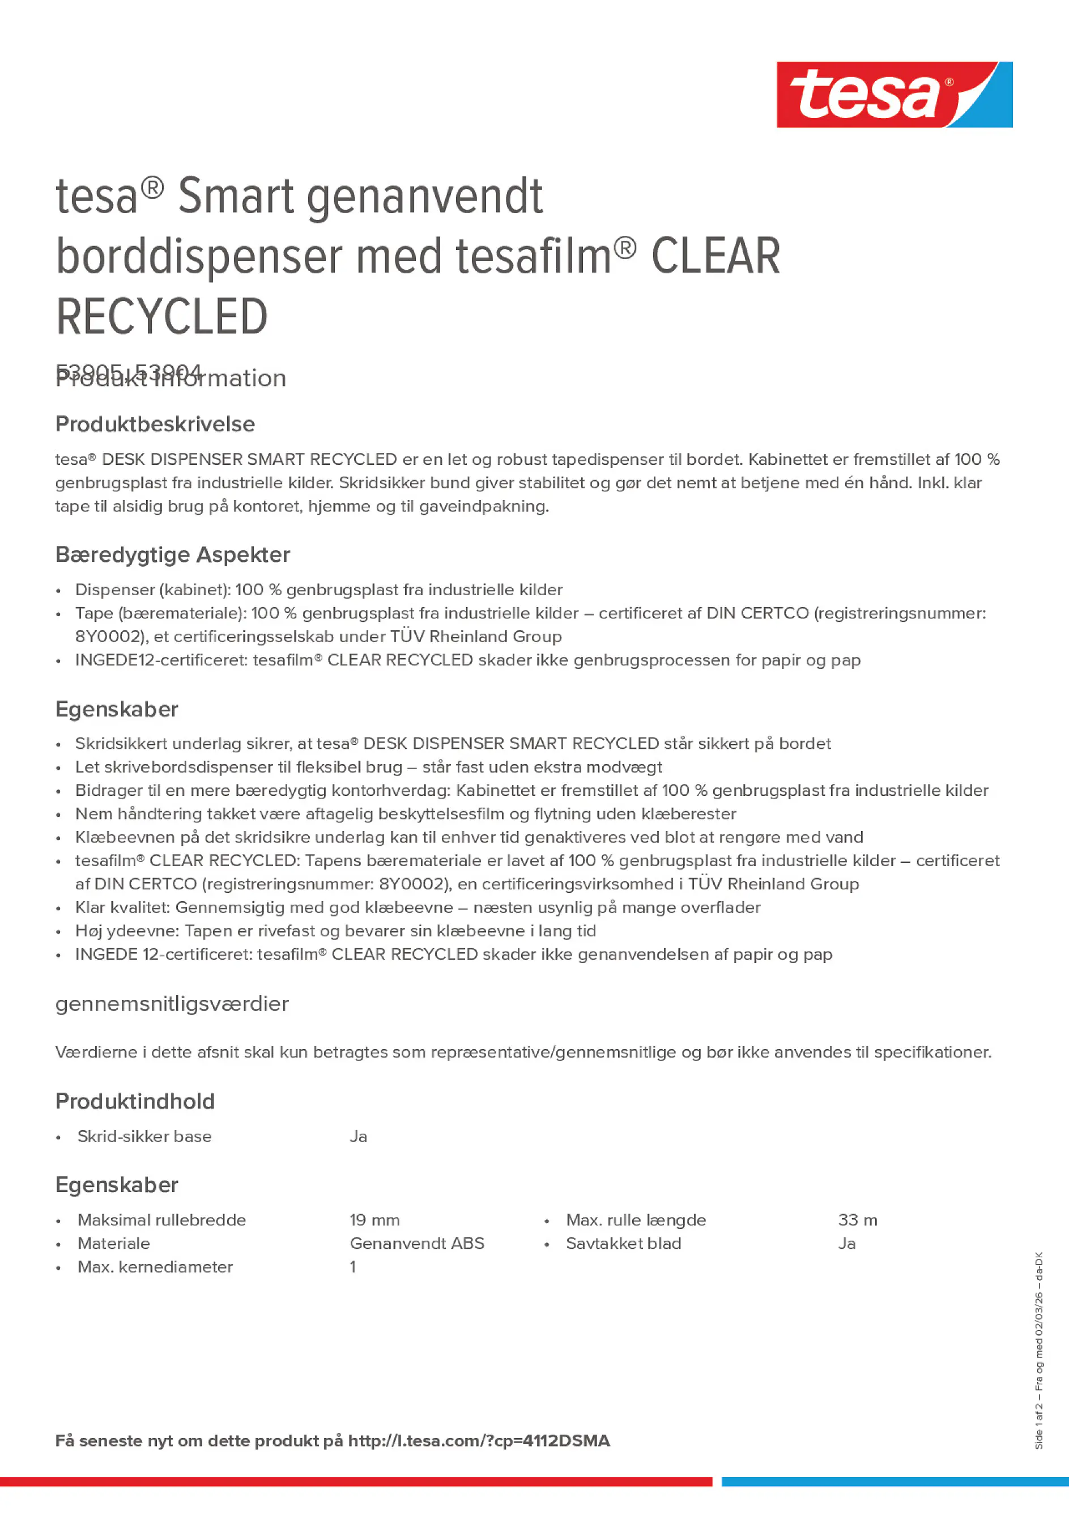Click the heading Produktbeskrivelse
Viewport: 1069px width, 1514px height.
(x=155, y=424)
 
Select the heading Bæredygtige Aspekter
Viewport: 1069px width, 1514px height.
(x=172, y=554)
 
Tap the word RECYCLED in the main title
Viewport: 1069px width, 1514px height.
(x=161, y=316)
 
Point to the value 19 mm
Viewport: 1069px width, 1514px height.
(x=374, y=1220)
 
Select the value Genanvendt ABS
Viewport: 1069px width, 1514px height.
(x=416, y=1243)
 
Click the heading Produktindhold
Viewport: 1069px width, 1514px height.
(x=135, y=1101)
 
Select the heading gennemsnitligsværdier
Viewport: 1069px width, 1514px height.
(x=172, y=1004)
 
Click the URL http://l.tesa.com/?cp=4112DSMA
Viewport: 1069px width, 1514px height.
(x=479, y=1441)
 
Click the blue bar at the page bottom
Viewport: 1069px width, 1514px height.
(x=895, y=1482)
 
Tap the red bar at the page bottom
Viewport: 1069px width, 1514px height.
(x=356, y=1482)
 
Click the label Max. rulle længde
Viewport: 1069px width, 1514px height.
(x=635, y=1220)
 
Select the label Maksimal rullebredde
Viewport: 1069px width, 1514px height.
(x=161, y=1220)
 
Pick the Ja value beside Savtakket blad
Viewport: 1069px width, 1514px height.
(x=846, y=1243)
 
